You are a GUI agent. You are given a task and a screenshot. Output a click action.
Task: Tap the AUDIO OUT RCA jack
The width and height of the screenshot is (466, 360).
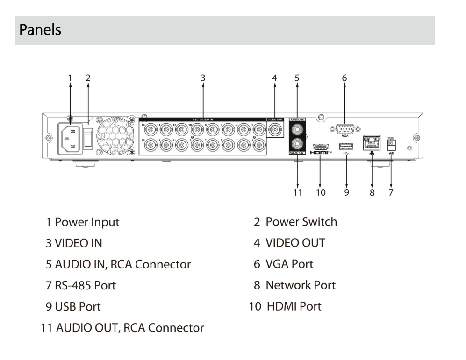click(297, 144)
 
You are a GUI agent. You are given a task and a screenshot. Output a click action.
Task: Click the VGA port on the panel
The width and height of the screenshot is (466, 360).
click(344, 130)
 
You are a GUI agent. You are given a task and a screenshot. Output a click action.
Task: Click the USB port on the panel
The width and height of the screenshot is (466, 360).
click(346, 147)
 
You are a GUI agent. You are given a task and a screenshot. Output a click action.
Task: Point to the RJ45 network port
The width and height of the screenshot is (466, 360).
click(372, 141)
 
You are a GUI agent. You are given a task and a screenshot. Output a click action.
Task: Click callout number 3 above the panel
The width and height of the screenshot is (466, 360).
click(203, 78)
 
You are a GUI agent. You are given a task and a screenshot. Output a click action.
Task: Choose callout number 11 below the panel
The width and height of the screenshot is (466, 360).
click(297, 192)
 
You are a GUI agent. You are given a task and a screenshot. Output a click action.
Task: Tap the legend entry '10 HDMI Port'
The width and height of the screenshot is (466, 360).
click(285, 306)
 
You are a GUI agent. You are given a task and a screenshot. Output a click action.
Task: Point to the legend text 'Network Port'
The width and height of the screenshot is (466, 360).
click(301, 285)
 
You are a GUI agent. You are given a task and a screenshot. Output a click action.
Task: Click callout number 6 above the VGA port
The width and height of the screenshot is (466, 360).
click(344, 78)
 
